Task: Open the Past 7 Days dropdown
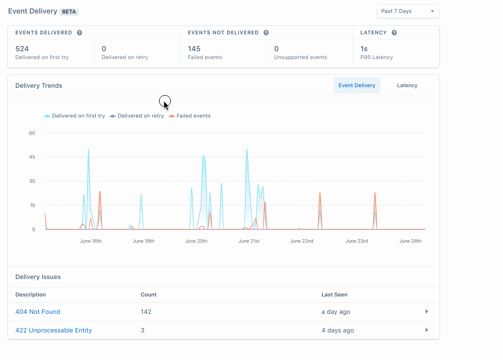[407, 11]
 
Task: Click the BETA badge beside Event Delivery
[69, 11]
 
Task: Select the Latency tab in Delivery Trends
[407, 85]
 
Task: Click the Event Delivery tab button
[357, 85]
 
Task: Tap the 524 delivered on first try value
[22, 49]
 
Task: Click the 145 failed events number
[194, 49]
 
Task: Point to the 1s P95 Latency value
[364, 49]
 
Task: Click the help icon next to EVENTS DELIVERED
[79, 33]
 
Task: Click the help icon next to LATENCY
[394, 33]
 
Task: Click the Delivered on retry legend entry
[137, 116]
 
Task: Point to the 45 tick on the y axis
[32, 157]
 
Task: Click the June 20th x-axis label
[196, 241]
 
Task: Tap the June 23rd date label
[357, 241]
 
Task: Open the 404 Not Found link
[38, 312]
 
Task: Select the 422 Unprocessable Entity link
[53, 330]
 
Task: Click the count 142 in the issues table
[146, 312]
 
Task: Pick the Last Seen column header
[334, 294]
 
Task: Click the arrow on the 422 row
[427, 330]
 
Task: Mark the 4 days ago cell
[338, 330]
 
